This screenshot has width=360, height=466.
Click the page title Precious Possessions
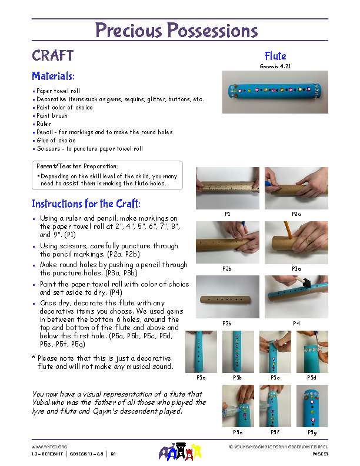176,30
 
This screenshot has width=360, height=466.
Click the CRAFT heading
52,56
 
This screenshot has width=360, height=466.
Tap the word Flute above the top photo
275,56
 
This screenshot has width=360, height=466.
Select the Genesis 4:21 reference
275,66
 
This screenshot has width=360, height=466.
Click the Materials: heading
53,76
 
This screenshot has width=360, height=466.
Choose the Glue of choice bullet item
56,141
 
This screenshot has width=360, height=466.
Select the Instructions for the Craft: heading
86,204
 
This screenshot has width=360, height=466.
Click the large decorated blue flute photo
274,92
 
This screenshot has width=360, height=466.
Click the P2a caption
296,214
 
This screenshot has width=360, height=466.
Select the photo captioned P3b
227,297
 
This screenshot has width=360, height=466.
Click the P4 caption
296,323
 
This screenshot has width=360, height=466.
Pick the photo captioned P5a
201,351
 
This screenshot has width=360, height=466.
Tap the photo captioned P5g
312,405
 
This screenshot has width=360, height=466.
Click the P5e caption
238,432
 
